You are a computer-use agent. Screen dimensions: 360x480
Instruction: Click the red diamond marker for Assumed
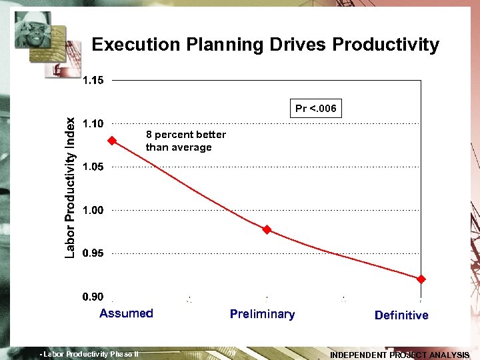112,140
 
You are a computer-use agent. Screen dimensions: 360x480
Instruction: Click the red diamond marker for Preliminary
267,229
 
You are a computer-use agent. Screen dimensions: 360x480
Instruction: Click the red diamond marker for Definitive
421,279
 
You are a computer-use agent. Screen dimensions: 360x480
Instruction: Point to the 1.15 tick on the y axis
93,81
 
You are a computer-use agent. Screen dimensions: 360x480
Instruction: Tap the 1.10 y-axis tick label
93,123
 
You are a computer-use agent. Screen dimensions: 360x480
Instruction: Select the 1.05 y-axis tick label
93,167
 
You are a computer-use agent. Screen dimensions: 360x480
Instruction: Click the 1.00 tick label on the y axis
93,210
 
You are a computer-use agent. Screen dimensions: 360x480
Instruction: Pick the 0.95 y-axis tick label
93,253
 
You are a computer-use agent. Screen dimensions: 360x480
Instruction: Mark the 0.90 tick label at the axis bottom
93,297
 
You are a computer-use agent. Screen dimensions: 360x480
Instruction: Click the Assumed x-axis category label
126,313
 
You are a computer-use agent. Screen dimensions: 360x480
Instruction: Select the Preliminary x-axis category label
262,314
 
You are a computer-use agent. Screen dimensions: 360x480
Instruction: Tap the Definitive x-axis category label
401,315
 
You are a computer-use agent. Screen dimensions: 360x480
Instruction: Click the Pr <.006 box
316,108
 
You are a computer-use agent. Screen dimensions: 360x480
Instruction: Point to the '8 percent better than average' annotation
185,141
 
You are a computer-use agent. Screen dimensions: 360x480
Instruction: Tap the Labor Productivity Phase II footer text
89,354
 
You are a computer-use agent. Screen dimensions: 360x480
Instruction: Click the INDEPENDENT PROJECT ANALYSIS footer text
399,355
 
